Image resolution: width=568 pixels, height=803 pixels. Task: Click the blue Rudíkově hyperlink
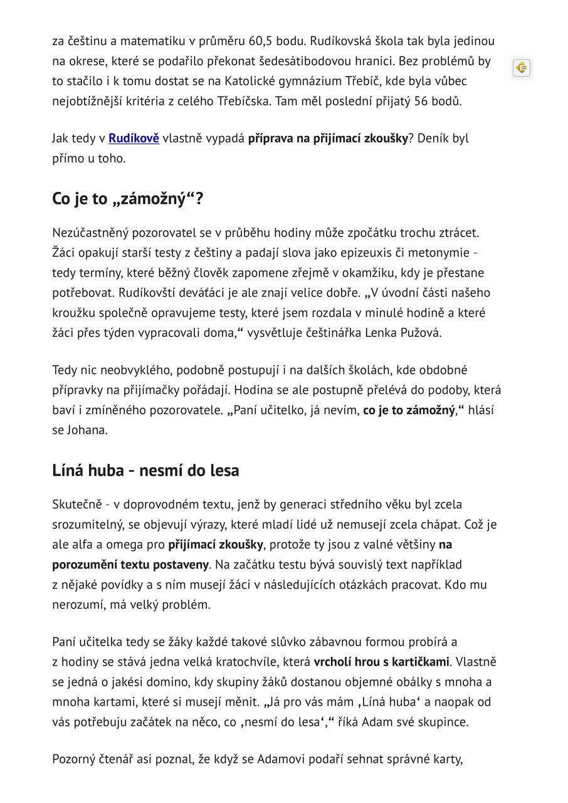click(134, 139)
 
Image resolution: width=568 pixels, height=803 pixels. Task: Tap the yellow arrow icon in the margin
click(521, 68)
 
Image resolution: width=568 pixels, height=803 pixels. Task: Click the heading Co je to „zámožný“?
click(128, 199)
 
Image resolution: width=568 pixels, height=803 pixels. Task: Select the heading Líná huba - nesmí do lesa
click(145, 471)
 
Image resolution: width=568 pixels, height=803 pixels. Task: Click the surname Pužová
click(421, 333)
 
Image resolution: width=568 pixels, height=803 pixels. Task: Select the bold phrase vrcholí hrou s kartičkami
click(381, 662)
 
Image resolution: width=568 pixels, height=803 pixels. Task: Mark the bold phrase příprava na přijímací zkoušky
click(328, 139)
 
